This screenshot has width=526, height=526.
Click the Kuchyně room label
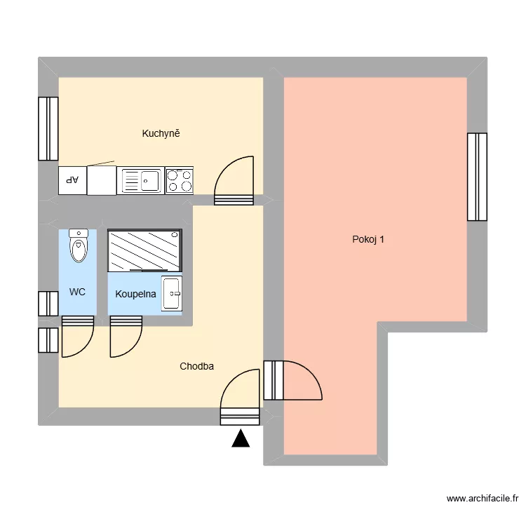161,133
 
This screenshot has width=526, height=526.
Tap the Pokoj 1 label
368,239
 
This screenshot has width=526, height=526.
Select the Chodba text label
196,366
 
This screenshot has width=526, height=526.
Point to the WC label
77,292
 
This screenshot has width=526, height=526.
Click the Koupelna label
135,295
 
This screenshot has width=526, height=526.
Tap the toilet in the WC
78,245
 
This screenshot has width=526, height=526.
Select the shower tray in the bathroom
144,250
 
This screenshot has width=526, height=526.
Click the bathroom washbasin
172,292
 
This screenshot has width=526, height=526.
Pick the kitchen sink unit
140,181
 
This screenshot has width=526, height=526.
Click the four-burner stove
179,181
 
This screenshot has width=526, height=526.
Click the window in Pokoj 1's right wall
477,176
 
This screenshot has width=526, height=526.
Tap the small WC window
48,304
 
